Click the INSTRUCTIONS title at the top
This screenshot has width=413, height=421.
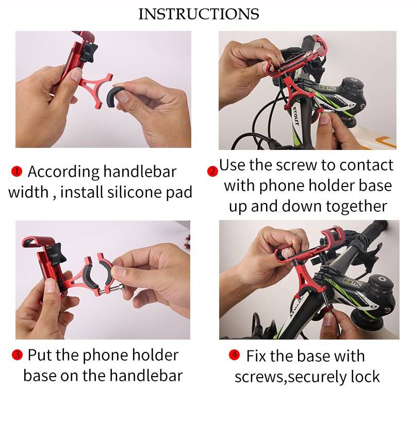coord(199,14)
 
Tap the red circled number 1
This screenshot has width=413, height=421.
coord(17,171)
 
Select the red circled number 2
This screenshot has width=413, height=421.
coord(212,171)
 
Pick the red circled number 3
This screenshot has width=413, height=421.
coord(17,355)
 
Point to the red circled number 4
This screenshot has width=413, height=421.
coord(234,355)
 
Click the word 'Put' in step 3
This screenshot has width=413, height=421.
coord(39,355)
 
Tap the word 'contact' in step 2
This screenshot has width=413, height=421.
coord(365,165)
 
